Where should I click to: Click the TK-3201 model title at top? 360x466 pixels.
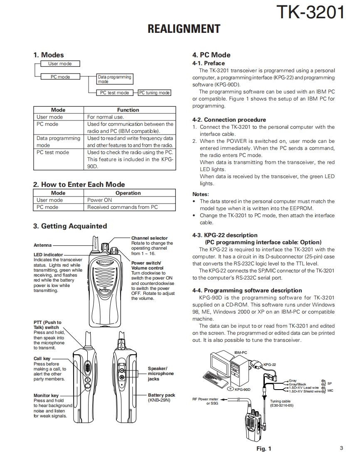pyautogui.click(x=311, y=12)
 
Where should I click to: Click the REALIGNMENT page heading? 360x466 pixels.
pyautogui.click(x=184, y=29)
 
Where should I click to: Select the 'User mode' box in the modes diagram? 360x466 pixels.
pyautogui.click(x=60, y=64)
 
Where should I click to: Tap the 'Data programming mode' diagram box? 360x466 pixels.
pyautogui.click(x=114, y=79)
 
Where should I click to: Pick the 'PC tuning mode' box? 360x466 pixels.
pyautogui.click(x=154, y=93)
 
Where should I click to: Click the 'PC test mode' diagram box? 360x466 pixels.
pyautogui.click(x=114, y=93)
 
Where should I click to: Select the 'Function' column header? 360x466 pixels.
pyautogui.click(x=128, y=110)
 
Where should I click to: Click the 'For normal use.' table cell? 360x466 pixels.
pyautogui.click(x=106, y=117)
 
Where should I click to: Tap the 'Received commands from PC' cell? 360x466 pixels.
pyautogui.click(x=123, y=207)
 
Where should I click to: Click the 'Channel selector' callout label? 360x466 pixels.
pyautogui.click(x=150, y=238)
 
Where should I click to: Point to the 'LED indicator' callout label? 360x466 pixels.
pyautogui.click(x=48, y=255)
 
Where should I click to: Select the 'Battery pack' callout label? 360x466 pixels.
pyautogui.click(x=161, y=395)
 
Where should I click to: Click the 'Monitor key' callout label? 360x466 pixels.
pyautogui.click(x=46, y=396)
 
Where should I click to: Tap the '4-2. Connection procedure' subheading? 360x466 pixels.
pyautogui.click(x=229, y=120)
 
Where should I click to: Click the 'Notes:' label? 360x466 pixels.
pyautogui.click(x=200, y=194)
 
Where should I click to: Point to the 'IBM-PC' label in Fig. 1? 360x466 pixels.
pyautogui.click(x=240, y=352)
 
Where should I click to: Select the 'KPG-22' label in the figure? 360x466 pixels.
pyautogui.click(x=270, y=365)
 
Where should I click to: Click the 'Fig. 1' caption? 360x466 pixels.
pyautogui.click(x=264, y=449)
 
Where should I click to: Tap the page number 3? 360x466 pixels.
pyautogui.click(x=341, y=448)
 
